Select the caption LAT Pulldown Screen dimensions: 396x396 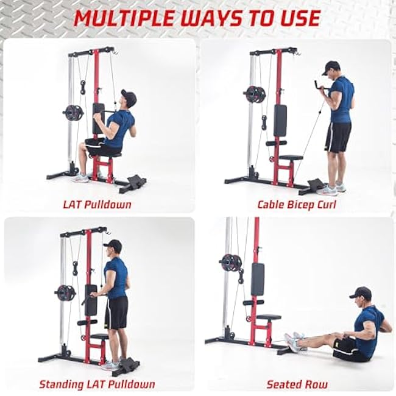coord(97,204)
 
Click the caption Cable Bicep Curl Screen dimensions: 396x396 coord(297,204)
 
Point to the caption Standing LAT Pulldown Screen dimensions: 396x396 coord(97,384)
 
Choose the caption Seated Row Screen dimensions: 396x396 coord(297,384)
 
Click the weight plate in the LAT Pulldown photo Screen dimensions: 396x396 coord(73,113)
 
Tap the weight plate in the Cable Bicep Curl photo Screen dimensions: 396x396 coord(255,94)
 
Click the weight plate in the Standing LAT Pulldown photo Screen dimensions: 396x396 coord(65,292)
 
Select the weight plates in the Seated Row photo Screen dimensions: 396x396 coord(231,263)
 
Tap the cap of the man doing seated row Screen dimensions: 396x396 coord(361,293)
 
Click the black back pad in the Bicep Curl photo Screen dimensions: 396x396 coord(280,119)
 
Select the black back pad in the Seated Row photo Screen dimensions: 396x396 coord(258,278)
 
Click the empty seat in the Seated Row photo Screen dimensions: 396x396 coord(269,317)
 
